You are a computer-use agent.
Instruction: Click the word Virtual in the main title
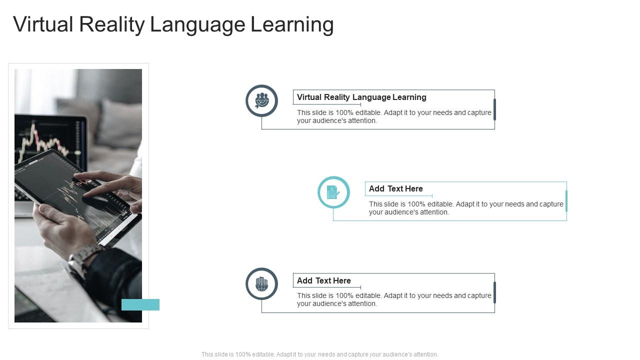tap(43, 24)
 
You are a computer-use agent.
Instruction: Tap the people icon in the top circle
tap(261, 100)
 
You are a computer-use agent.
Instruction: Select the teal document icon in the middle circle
tap(333, 192)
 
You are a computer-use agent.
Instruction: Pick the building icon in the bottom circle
tap(261, 284)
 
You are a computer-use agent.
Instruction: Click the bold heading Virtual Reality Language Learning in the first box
tap(361, 97)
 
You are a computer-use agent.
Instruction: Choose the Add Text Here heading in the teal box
tap(395, 188)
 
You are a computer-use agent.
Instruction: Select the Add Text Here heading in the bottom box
tap(323, 280)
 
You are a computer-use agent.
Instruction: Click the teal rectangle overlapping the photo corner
tap(140, 304)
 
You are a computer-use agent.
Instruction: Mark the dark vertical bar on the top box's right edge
tap(494, 109)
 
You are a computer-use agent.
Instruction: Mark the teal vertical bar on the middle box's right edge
tap(566, 201)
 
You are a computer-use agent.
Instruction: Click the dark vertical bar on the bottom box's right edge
tap(494, 292)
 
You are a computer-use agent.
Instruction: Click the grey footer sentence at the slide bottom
tap(319, 354)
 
